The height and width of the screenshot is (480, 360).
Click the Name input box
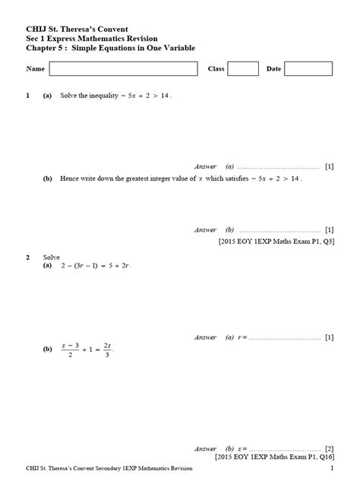tap(122, 69)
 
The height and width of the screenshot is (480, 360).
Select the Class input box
tap(243, 69)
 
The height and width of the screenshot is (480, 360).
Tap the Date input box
tap(306, 69)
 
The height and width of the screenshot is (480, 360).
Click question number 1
tap(28, 97)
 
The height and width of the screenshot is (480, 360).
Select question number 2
tap(28, 258)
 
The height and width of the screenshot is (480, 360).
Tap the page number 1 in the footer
tap(333, 470)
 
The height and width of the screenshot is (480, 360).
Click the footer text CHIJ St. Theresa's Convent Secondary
tap(76, 470)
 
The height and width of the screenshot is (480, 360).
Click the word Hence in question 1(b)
tap(68, 178)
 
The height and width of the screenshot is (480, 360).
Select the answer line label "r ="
tap(242, 336)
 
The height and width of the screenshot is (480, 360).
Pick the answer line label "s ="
tap(242, 448)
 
